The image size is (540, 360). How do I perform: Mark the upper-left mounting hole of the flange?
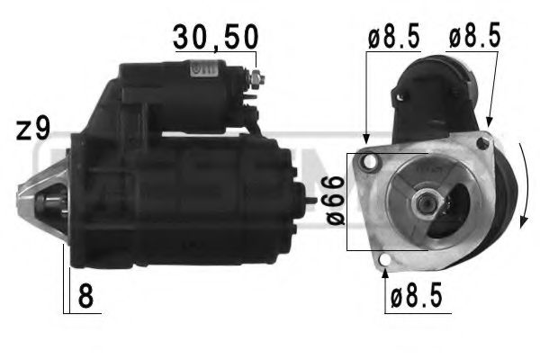point(367,162)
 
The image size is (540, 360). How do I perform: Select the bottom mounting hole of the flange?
point(385,262)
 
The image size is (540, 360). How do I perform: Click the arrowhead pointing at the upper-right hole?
point(489,122)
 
